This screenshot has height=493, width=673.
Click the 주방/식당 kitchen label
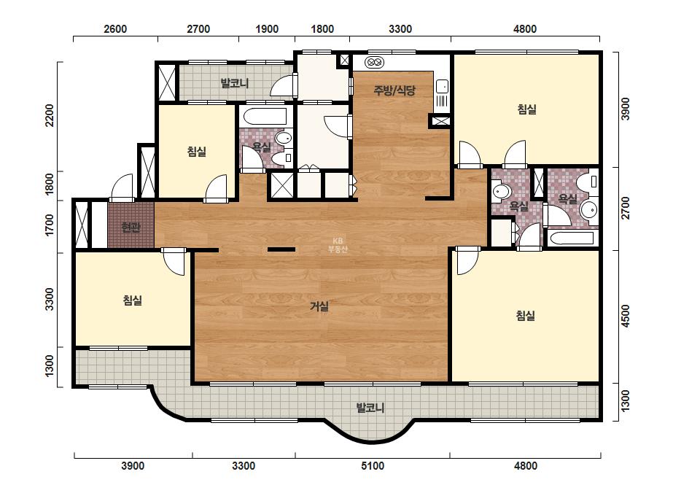click(x=394, y=90)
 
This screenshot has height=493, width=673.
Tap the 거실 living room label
click(x=320, y=306)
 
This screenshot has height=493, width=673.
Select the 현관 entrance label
click(x=131, y=227)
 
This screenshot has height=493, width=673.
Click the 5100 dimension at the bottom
click(x=372, y=466)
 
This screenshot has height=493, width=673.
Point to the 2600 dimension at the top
click(x=115, y=28)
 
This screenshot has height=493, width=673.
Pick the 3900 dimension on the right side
click(x=626, y=109)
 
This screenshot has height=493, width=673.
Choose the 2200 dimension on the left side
click(x=50, y=115)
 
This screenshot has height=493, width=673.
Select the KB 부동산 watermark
click(x=337, y=245)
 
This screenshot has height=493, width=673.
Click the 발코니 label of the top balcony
click(x=235, y=82)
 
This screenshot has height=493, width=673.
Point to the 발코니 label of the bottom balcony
click(x=370, y=407)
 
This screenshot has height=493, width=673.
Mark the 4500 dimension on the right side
click(x=626, y=316)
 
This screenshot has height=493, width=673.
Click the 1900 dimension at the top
click(x=267, y=28)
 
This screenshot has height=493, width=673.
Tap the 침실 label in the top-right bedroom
click(x=526, y=109)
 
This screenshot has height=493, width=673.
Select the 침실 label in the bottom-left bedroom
click(x=132, y=300)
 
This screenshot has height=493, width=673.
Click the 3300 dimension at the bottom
click(x=244, y=466)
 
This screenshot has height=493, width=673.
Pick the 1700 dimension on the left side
click(x=50, y=225)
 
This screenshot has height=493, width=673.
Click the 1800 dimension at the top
click(x=322, y=28)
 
